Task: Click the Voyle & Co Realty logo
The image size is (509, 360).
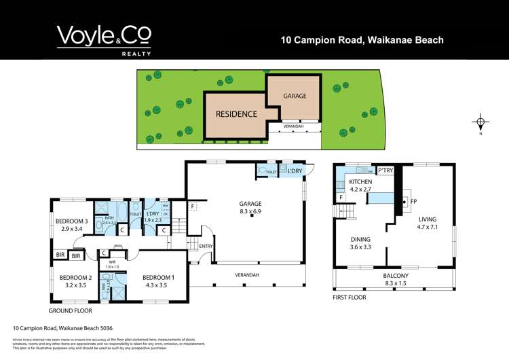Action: coord(104,39)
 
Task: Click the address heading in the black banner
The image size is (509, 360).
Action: coord(362,40)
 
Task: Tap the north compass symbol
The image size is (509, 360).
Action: coord(480,124)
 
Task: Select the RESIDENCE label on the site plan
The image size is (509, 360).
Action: coord(236,114)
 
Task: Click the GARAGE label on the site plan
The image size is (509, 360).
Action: coord(294,96)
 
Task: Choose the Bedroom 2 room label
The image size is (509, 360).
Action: coord(75,277)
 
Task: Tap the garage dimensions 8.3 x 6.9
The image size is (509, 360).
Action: coord(250,212)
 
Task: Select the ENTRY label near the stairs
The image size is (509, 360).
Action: coord(206,246)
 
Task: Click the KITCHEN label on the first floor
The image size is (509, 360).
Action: coord(361,183)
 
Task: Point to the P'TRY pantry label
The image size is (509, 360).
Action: coord(386,170)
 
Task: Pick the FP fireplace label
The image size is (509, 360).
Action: coord(414,202)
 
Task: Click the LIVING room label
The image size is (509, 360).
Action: coord(427,219)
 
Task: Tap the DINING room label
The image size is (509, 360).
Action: coord(362,239)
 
